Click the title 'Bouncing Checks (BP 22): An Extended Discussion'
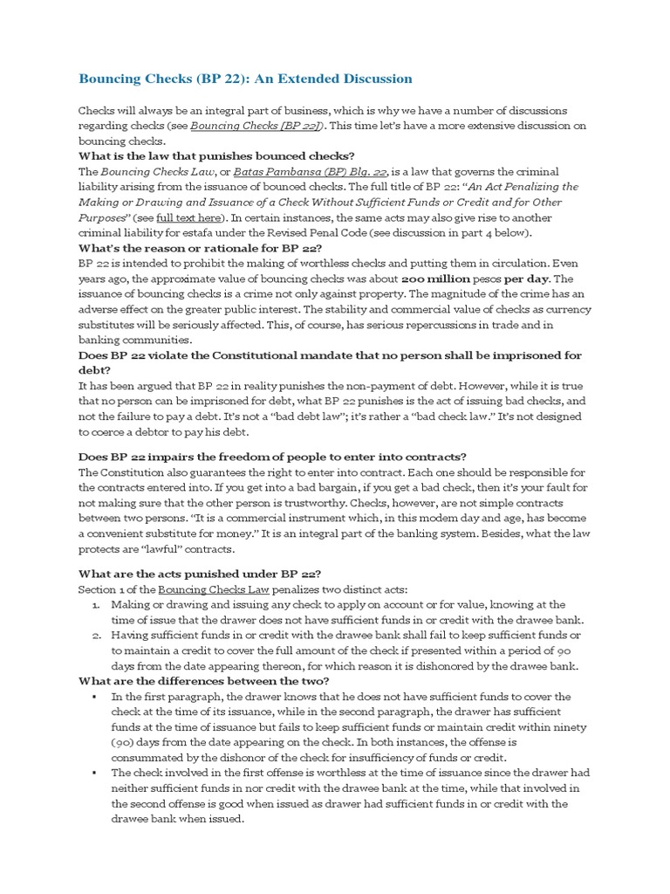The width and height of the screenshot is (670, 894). pos(245,79)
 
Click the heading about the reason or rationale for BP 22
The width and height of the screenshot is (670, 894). pos(201,248)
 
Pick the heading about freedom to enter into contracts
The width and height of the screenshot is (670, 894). pos(272,457)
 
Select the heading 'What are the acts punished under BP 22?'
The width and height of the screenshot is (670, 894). pos(200,574)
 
